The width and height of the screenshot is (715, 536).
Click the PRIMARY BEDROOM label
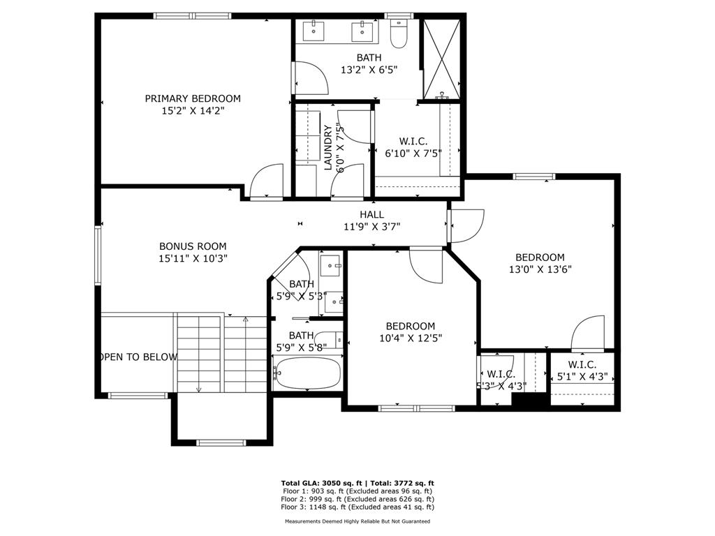(x=193, y=98)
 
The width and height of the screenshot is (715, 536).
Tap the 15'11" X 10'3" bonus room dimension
(x=193, y=258)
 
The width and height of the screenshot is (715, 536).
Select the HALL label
(x=371, y=214)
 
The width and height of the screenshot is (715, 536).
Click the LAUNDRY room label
(x=328, y=147)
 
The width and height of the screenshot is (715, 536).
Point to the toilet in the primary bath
(x=398, y=34)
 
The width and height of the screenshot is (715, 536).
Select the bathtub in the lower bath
(x=308, y=372)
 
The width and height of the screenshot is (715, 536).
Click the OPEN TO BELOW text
(x=138, y=357)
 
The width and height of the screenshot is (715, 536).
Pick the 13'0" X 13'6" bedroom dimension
(x=540, y=269)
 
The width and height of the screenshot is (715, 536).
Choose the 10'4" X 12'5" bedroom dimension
(x=411, y=338)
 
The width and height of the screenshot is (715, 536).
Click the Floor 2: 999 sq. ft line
(x=357, y=499)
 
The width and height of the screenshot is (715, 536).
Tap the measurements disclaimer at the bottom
(x=357, y=521)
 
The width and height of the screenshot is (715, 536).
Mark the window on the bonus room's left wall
(x=98, y=255)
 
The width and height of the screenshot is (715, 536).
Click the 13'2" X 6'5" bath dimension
(x=369, y=70)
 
